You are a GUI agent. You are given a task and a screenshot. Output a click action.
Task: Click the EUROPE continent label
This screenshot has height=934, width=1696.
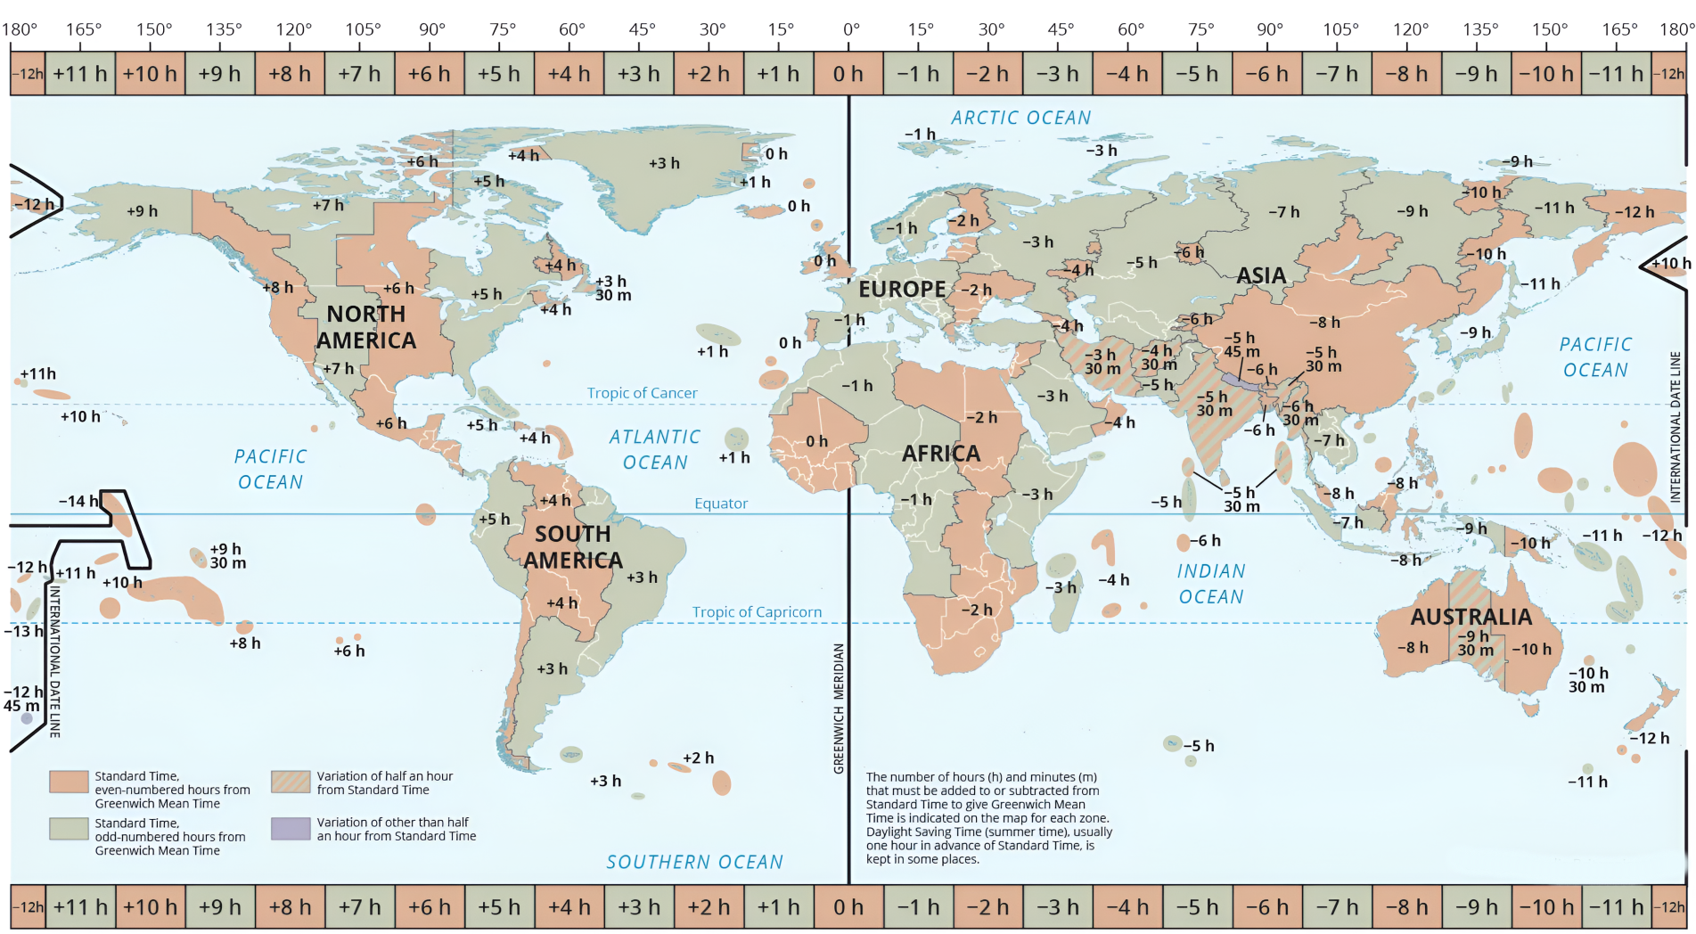901,290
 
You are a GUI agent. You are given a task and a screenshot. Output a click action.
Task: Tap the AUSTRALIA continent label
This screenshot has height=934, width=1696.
1471,617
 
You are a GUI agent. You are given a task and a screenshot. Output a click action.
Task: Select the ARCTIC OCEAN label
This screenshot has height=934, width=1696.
1020,118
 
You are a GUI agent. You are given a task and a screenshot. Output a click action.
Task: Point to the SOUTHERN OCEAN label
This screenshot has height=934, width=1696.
694,862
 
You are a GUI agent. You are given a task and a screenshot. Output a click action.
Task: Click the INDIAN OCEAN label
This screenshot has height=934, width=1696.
1211,584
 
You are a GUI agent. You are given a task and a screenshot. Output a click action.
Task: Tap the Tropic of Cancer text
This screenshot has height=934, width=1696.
642,393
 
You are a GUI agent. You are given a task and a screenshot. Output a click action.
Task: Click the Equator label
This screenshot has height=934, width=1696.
721,504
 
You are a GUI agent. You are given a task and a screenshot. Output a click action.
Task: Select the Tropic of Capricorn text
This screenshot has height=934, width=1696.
757,612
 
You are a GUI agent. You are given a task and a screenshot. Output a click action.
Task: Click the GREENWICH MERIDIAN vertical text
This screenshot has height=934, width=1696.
839,709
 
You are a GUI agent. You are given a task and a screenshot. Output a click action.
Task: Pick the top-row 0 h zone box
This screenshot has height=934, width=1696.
848,74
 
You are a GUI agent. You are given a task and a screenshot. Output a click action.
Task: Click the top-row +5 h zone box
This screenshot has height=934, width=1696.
498,74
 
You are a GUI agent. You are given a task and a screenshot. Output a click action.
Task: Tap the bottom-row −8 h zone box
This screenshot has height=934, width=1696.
1406,907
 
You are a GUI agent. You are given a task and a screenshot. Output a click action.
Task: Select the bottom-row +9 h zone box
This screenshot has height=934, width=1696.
219,907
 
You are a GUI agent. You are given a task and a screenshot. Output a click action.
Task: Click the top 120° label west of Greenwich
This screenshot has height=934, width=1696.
293,29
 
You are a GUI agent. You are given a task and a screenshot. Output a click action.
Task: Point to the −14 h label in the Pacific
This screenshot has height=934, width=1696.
78,502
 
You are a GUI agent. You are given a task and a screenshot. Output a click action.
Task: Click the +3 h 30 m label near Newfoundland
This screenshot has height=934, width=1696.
612,288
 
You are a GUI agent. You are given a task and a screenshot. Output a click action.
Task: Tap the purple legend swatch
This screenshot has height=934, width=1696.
291,829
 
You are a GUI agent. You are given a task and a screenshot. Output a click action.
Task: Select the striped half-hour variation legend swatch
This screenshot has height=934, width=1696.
291,782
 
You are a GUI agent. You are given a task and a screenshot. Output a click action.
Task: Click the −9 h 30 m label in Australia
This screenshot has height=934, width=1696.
1474,643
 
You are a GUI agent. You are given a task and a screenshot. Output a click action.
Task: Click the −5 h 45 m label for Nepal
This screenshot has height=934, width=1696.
1241,345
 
